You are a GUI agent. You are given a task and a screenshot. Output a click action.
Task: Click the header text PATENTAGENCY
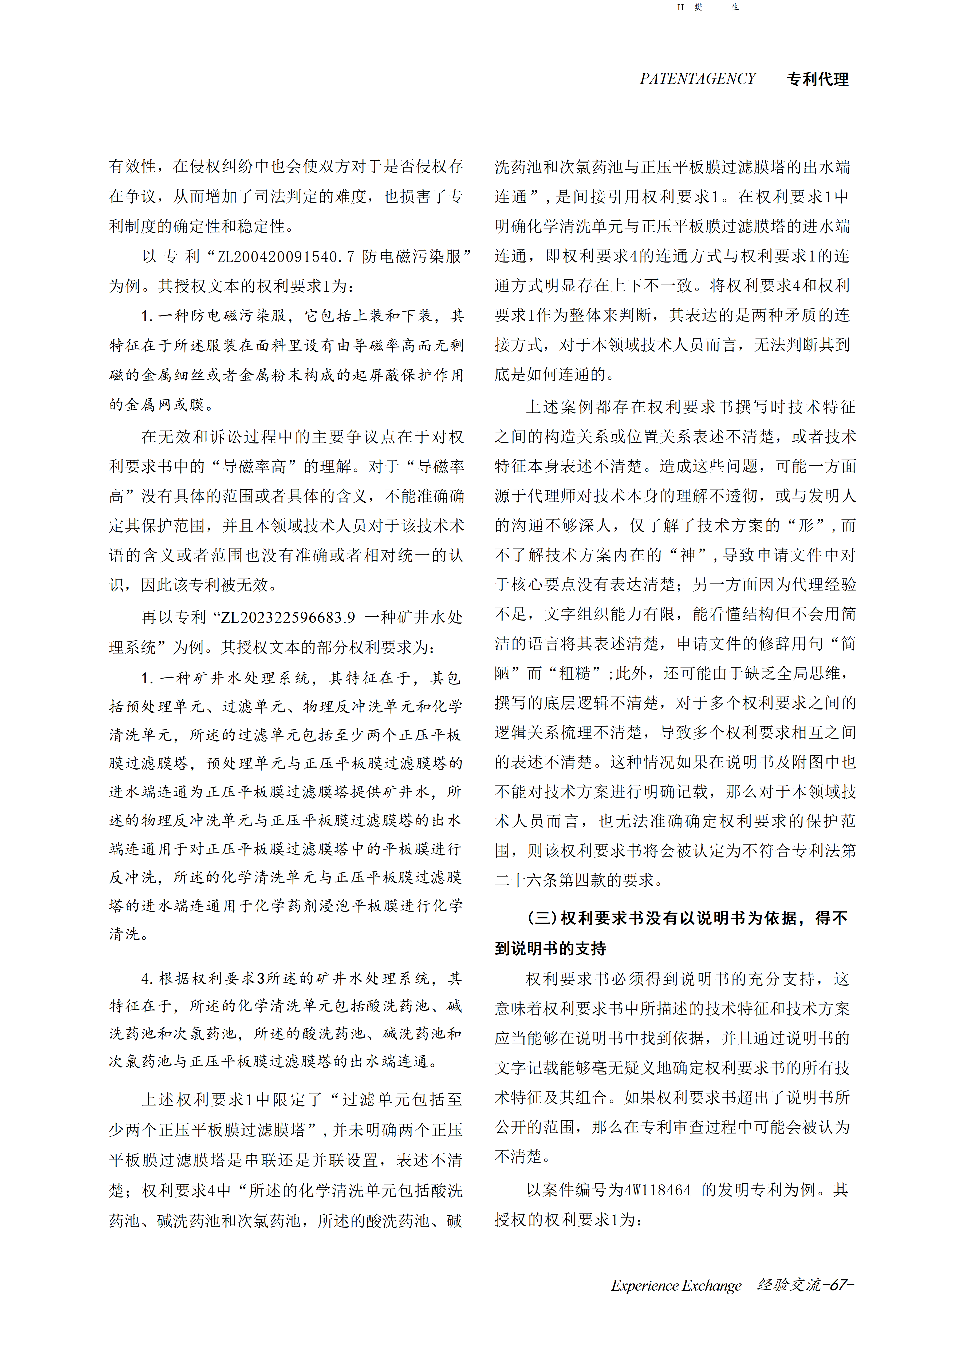pos(698,79)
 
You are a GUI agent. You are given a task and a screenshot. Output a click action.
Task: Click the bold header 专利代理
pos(817,79)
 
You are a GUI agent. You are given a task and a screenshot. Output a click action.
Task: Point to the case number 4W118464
pos(658,1190)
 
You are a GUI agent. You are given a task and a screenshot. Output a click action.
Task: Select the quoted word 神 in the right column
pos(687,555)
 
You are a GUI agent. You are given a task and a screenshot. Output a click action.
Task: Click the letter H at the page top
pos(680,8)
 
